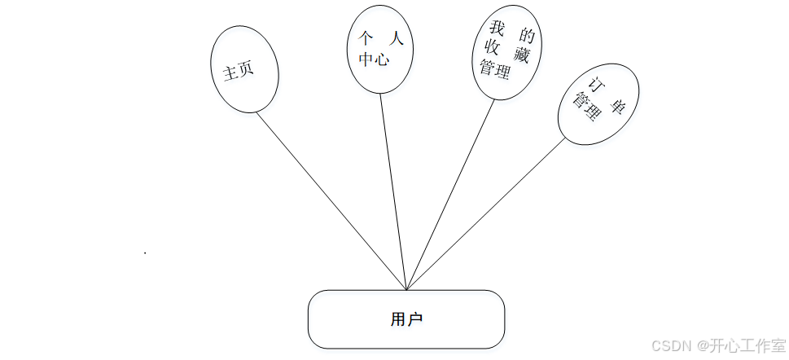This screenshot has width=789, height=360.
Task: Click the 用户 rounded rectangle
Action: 405,319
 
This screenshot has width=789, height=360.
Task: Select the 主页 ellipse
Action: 244,70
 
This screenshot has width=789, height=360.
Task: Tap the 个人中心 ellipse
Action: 380,49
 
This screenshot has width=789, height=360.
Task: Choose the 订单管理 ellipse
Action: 598,104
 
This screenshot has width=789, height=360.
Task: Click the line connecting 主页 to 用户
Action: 330,198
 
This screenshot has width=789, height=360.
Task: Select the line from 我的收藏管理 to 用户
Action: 450,194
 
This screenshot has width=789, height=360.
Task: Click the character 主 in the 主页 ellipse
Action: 230,73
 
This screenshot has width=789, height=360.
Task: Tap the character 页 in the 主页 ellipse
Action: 247,68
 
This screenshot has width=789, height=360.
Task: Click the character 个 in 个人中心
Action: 365,39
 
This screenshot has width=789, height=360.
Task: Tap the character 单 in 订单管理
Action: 616,107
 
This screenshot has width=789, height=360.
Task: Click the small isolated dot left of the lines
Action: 145,253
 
